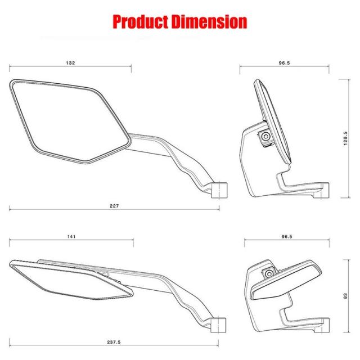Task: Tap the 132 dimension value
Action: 70,62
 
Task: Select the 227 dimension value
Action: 114,206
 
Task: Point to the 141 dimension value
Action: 71,236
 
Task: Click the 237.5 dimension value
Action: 114,342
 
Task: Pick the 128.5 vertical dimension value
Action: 345,138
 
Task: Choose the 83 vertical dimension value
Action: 345,296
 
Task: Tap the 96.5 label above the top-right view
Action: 284,62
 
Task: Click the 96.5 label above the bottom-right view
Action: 287,236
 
